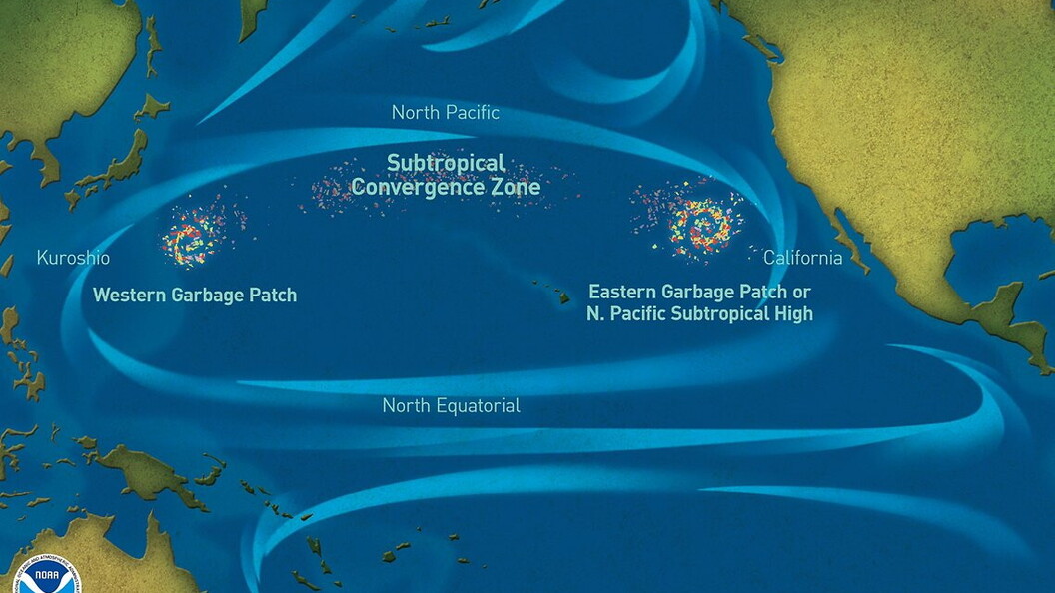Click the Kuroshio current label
pos(73,258)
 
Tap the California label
pos(802,258)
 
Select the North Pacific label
pos(445,112)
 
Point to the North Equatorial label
pos(451,406)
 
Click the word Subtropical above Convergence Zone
pos(446,162)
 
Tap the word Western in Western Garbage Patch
pos(130,296)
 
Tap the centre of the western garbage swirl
pos(187,240)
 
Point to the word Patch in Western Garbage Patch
pos(271,296)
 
